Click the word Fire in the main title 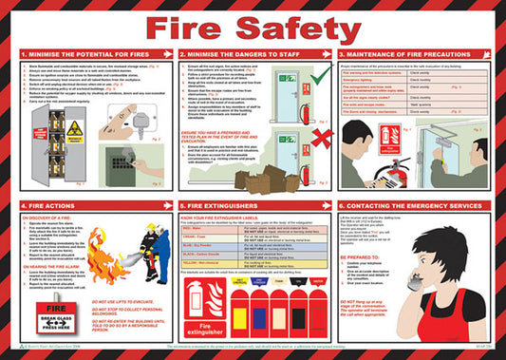(x=211, y=28)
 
